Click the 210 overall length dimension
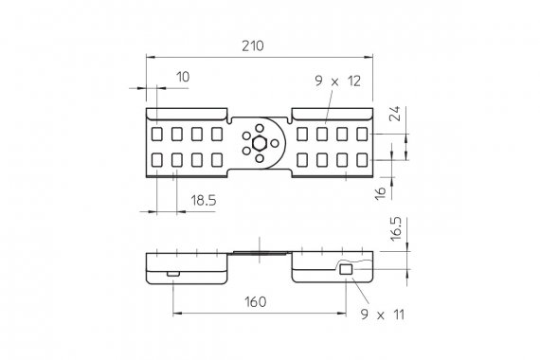pyautogui.click(x=253, y=45)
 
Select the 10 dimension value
pyautogui.click(x=183, y=77)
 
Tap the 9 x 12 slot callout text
pyautogui.click(x=338, y=81)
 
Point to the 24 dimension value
pyautogui.click(x=395, y=114)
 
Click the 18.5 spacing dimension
pyautogui.click(x=204, y=200)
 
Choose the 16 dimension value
pyautogui.click(x=381, y=193)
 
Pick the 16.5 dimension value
pyautogui.click(x=396, y=228)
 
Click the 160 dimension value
pyautogui.click(x=256, y=302)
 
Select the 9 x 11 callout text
pyautogui.click(x=383, y=315)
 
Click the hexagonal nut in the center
pyautogui.click(x=259, y=143)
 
